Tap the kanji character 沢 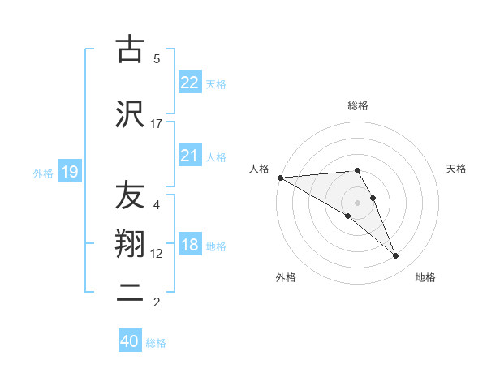click(x=129, y=114)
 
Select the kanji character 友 click(x=129, y=196)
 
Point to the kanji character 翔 click(x=129, y=244)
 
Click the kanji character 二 click(x=129, y=293)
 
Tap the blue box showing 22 click(x=189, y=82)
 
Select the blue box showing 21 click(x=189, y=156)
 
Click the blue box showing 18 click(x=189, y=245)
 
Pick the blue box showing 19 click(x=69, y=171)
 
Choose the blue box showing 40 click(x=130, y=341)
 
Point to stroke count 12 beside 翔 click(x=157, y=253)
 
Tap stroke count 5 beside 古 click(x=157, y=58)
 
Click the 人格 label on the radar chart click(x=259, y=169)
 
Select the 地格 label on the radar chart click(x=425, y=277)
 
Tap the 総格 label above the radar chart click(x=357, y=105)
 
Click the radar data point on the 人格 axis click(x=280, y=177)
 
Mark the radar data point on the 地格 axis click(x=395, y=256)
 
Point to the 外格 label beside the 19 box click(x=42, y=173)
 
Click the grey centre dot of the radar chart click(x=357, y=202)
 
